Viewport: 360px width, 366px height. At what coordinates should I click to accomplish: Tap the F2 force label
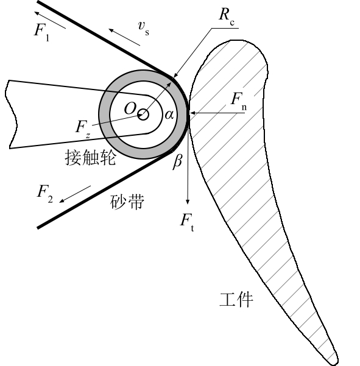coord(45,194)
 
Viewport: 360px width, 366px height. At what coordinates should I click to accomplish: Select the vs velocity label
coord(143,28)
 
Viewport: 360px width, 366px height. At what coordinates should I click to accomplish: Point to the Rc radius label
coord(227,16)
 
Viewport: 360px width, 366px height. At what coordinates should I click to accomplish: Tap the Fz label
coord(83,129)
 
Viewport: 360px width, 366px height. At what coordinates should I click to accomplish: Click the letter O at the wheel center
coord(130,108)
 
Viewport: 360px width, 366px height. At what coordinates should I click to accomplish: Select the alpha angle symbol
coord(169,114)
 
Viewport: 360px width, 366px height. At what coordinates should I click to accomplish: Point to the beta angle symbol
coord(177,161)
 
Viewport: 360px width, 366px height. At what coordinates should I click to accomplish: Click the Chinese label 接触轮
coord(90,157)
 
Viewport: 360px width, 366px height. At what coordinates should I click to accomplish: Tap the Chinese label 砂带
coord(127,202)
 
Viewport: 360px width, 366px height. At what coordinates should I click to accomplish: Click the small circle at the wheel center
coord(143,114)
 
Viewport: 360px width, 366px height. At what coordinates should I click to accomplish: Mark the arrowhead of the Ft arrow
coord(188,202)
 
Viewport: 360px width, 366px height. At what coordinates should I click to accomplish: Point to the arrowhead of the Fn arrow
coord(193,113)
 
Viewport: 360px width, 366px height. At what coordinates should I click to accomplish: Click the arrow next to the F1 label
coord(50,20)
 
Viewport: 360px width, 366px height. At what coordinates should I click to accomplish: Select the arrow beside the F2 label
coord(75,194)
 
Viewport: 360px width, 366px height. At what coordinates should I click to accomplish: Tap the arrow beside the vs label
coord(124,37)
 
